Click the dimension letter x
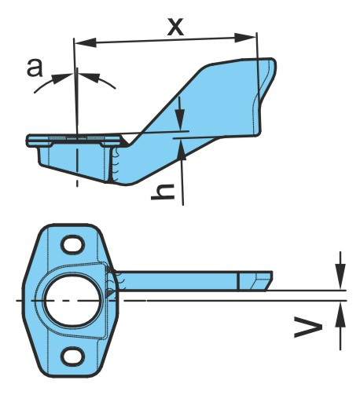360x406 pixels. [x=176, y=27]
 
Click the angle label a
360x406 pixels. [x=35, y=68]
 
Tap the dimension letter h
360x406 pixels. [x=163, y=192]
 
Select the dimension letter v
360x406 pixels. [x=308, y=327]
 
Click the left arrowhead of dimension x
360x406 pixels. [x=86, y=42]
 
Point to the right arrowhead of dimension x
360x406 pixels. [x=245, y=38]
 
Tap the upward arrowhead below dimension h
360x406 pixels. [x=182, y=148]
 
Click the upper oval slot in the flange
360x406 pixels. [x=72, y=244]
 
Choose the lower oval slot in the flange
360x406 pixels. [x=72, y=357]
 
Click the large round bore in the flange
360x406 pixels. [x=72, y=300]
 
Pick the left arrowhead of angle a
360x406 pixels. [x=61, y=78]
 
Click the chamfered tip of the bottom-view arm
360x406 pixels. [x=261, y=281]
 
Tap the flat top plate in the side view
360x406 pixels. [x=73, y=138]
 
